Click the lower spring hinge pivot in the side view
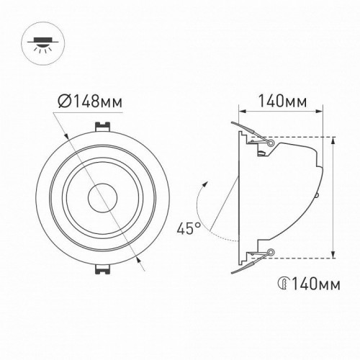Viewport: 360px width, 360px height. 270,251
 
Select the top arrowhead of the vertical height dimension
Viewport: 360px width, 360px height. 333,140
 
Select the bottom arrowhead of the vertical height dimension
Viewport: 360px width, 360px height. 333,255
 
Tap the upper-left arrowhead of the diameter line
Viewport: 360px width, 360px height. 66,132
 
